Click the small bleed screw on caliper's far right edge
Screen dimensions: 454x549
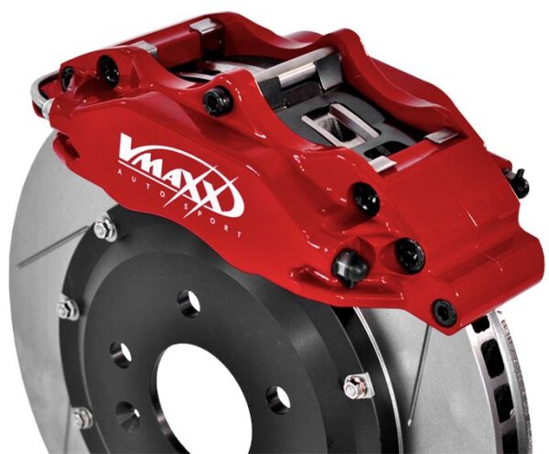[x=519, y=183]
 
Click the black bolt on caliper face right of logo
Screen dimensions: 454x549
[x=364, y=196]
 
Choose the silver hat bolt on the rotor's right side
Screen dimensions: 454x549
[x=357, y=385]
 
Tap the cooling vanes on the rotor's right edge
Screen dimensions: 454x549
[x=499, y=384]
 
